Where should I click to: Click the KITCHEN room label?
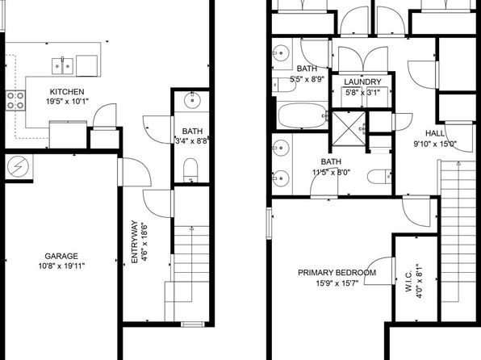pyautogui.click(x=67, y=92)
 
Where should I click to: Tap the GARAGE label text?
pyautogui.click(x=61, y=256)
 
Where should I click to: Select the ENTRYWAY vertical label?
pyautogui.click(x=134, y=242)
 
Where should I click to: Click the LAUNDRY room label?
pyautogui.click(x=362, y=82)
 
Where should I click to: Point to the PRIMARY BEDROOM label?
pyautogui.click(x=337, y=273)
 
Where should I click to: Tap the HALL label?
pyautogui.click(x=435, y=133)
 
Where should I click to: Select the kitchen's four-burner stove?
pyautogui.click(x=15, y=101)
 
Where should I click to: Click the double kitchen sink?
pyautogui.click(x=63, y=66)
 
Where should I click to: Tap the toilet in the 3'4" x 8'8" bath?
pyautogui.click(x=190, y=170)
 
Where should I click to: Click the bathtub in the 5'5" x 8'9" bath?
pyautogui.click(x=303, y=115)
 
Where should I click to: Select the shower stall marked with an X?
pyautogui.click(x=349, y=128)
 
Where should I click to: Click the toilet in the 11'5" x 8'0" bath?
pyautogui.click(x=379, y=177)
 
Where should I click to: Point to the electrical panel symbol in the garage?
pyautogui.click(x=18, y=166)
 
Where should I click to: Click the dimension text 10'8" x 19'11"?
pyautogui.click(x=61, y=266)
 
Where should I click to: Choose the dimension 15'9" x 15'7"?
pyautogui.click(x=337, y=283)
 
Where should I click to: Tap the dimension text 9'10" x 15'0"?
pyautogui.click(x=435, y=144)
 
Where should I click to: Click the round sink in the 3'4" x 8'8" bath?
pyautogui.click(x=192, y=100)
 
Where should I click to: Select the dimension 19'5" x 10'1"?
pyautogui.click(x=67, y=102)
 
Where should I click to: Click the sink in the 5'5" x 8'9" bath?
pyautogui.click(x=281, y=53)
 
